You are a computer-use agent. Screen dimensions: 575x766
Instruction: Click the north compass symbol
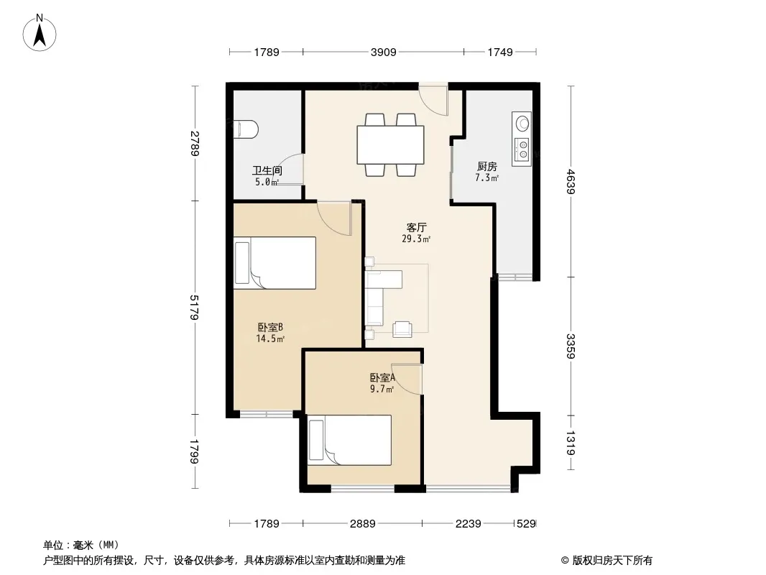coord(40,33)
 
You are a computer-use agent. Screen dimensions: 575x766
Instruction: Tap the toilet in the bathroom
coord(246,129)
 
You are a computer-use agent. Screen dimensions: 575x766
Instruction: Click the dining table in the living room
coord(390,144)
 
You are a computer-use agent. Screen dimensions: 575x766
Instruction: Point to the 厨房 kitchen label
coord(486,167)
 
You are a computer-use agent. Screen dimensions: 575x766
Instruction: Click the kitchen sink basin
coord(521,123)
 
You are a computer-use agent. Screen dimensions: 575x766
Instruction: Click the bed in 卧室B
coord(275,262)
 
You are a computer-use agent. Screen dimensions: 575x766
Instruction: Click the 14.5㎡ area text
coord(270,339)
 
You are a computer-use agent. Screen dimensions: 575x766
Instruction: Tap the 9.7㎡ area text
coord(382,389)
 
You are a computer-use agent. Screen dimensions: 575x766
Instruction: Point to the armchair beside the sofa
coord(402,328)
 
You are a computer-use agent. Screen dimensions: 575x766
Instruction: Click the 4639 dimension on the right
coord(571,181)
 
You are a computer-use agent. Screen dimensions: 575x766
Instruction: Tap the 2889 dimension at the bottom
coord(363,524)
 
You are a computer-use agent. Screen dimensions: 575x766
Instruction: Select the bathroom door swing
coord(290,171)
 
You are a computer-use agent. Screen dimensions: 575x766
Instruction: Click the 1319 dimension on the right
coord(571,441)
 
